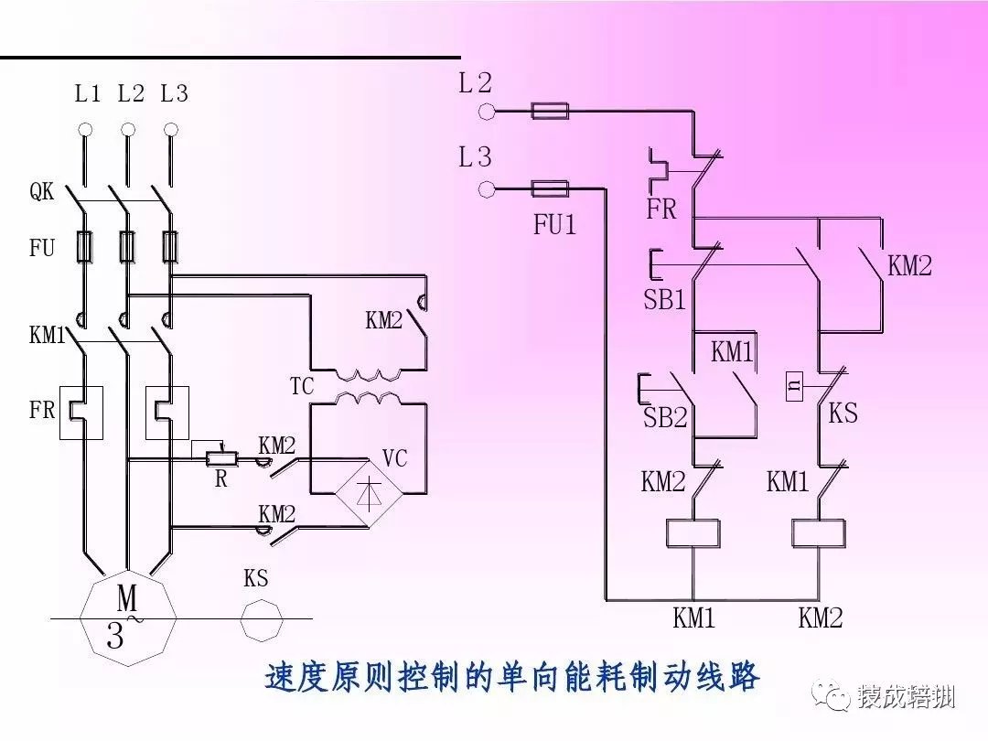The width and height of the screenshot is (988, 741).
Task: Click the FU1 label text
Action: coord(555,224)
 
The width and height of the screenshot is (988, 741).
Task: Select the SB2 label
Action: coord(664,418)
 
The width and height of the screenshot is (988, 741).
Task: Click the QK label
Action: coord(42,192)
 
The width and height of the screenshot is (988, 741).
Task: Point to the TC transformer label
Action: coord(302,386)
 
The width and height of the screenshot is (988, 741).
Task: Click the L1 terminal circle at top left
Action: coord(85,129)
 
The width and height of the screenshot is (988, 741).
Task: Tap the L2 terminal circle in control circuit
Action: coord(487,112)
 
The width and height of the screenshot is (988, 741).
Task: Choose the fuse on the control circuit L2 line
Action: coord(550,112)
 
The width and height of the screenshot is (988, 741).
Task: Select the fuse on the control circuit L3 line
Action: coord(550,189)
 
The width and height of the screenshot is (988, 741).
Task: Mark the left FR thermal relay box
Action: coord(81,413)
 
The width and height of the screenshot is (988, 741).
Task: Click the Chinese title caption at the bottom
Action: coord(512,678)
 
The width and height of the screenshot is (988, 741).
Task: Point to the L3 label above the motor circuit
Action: coord(174,93)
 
